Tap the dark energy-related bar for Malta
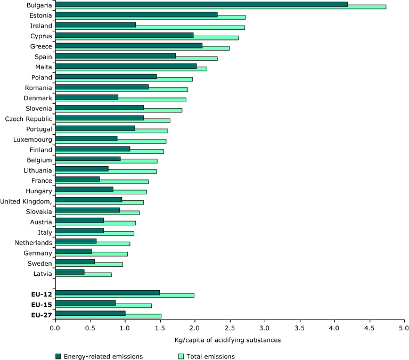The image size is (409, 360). tap(126, 66)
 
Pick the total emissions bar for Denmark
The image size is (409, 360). tap(152, 100)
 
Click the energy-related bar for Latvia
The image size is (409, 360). tap(70, 272)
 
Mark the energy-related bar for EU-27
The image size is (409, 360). tap(90, 313)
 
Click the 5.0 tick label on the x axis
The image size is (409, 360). tap(404, 328)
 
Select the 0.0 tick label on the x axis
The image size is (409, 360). tap(55, 328)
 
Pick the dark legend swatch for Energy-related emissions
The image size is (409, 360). tap(58, 356)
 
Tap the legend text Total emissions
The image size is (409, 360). tap(212, 356)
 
